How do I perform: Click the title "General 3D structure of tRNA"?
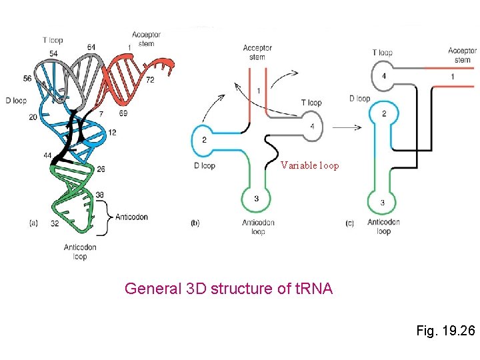click(x=229, y=289)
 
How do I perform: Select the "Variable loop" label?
click(x=309, y=165)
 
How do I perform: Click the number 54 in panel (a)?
click(x=53, y=53)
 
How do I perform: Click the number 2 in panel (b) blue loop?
click(x=204, y=139)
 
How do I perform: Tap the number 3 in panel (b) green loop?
click(x=256, y=198)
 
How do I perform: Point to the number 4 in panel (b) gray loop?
click(x=312, y=126)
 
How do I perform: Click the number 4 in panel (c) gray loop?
click(x=383, y=77)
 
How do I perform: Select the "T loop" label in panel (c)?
click(x=383, y=52)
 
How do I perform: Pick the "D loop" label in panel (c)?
click(x=359, y=99)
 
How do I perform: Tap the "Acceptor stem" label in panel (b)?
click(x=257, y=52)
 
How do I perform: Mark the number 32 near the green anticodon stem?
click(x=55, y=224)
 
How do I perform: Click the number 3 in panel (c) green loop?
click(x=382, y=203)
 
